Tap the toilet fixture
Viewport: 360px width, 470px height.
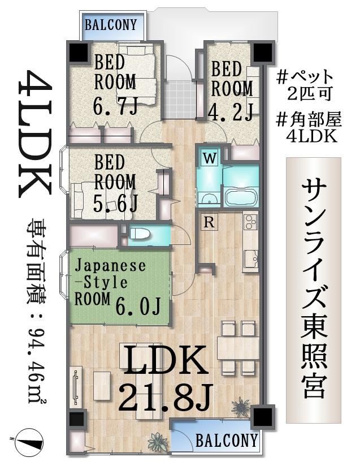[x=139, y=234]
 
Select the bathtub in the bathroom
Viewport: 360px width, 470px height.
[x=241, y=197]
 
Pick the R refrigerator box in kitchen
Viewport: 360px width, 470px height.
[x=209, y=223]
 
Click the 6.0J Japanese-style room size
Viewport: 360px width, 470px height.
[x=138, y=306]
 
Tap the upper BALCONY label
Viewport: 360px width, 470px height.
[x=111, y=25]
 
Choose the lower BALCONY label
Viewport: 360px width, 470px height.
[x=227, y=441]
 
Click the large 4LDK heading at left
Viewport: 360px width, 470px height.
[x=34, y=134]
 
